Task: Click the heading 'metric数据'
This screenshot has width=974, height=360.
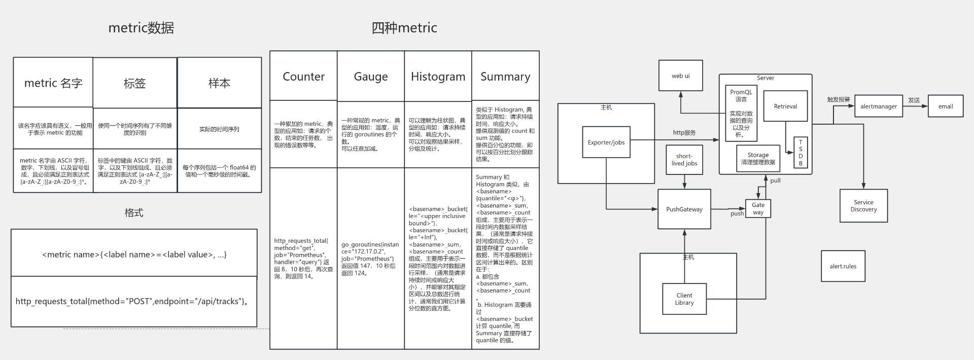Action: (141, 28)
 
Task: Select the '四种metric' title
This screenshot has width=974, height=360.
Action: (404, 28)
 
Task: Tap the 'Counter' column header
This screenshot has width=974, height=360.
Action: (303, 77)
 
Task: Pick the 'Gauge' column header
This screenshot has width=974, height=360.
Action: (371, 77)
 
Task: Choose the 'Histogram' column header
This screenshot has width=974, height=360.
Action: (438, 77)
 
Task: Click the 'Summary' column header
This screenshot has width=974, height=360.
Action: (505, 77)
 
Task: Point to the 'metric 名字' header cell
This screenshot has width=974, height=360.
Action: (53, 83)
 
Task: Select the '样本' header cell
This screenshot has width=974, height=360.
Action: (219, 83)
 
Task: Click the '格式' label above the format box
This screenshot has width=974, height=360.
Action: (134, 213)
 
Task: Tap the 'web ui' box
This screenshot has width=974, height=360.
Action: (681, 76)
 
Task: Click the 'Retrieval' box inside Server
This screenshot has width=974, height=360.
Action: (785, 106)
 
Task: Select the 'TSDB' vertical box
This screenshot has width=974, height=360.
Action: (801, 153)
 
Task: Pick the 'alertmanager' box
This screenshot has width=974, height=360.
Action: (879, 106)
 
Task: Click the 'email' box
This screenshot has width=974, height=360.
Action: (946, 106)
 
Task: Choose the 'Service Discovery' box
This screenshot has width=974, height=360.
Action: (863, 206)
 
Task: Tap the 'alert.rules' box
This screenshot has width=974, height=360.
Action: (843, 266)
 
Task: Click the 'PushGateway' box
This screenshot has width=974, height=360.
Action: (684, 209)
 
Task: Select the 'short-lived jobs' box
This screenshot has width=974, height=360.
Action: (684, 160)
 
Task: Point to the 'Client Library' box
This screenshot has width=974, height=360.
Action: (684, 299)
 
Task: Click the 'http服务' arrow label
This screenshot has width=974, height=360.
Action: (684, 133)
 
